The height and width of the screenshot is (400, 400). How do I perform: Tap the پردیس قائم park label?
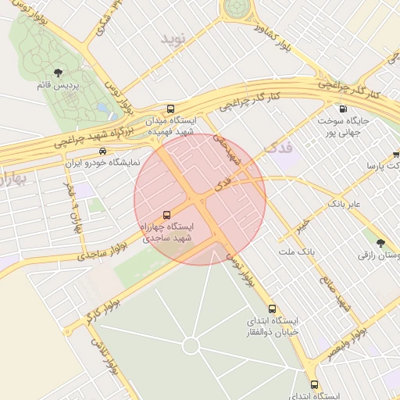(x=59, y=86)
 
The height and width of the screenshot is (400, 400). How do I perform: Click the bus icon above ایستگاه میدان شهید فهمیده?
(x=171, y=109)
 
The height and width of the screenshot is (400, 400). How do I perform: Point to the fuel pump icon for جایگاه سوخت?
(x=341, y=109)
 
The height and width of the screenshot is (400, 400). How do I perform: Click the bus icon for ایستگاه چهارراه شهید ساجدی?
(x=166, y=215)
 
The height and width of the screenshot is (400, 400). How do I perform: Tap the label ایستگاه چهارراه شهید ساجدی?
(x=166, y=232)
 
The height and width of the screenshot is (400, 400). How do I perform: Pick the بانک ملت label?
(x=295, y=252)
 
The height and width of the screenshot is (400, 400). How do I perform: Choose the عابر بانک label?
(x=343, y=203)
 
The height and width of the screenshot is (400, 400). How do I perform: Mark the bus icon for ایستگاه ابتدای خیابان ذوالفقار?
(x=272, y=309)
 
